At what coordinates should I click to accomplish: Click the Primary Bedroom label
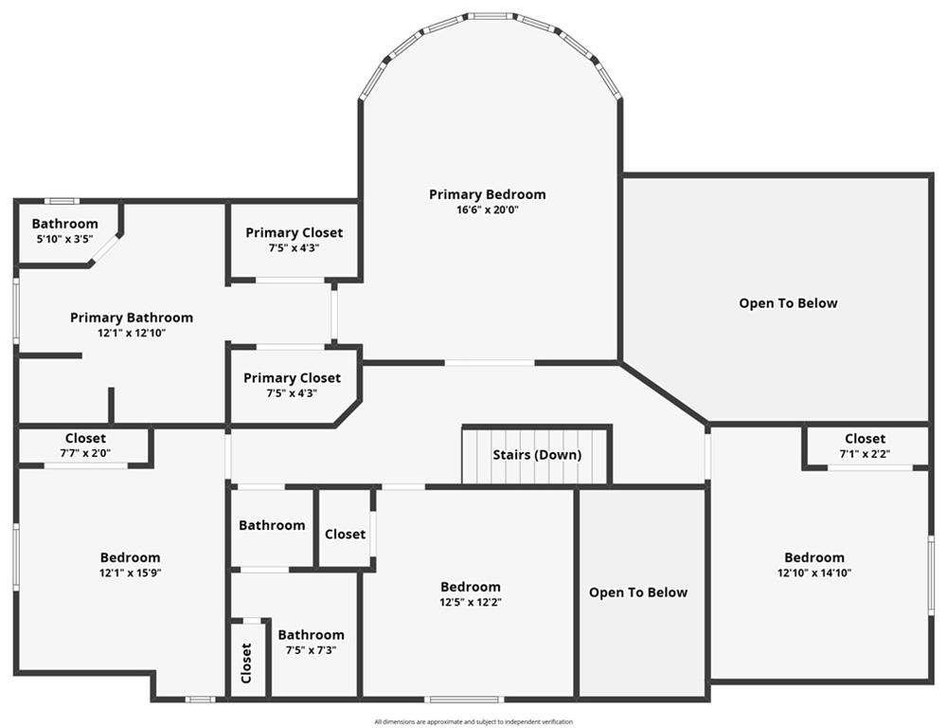point(487,194)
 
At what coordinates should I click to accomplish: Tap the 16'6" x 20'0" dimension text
point(487,210)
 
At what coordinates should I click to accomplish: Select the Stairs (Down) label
point(537,455)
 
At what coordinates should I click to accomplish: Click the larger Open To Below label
point(788,303)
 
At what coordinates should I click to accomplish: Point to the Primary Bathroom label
point(132,318)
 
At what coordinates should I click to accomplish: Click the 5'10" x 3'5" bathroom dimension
point(64,239)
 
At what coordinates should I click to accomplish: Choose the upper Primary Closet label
point(294,232)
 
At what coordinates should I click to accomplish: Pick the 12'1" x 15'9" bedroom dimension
point(131,573)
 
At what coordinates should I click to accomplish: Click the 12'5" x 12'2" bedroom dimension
point(470,602)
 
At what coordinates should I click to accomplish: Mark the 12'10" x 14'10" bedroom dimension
point(813,573)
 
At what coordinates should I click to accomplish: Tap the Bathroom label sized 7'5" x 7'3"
point(311,635)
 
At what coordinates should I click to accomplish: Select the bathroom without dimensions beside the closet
point(272,525)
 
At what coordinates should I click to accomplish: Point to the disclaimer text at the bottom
point(473,721)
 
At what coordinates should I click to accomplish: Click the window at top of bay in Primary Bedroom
point(491,16)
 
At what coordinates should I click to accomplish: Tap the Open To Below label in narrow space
point(638,592)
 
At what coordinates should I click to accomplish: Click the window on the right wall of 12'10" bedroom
point(931,574)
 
